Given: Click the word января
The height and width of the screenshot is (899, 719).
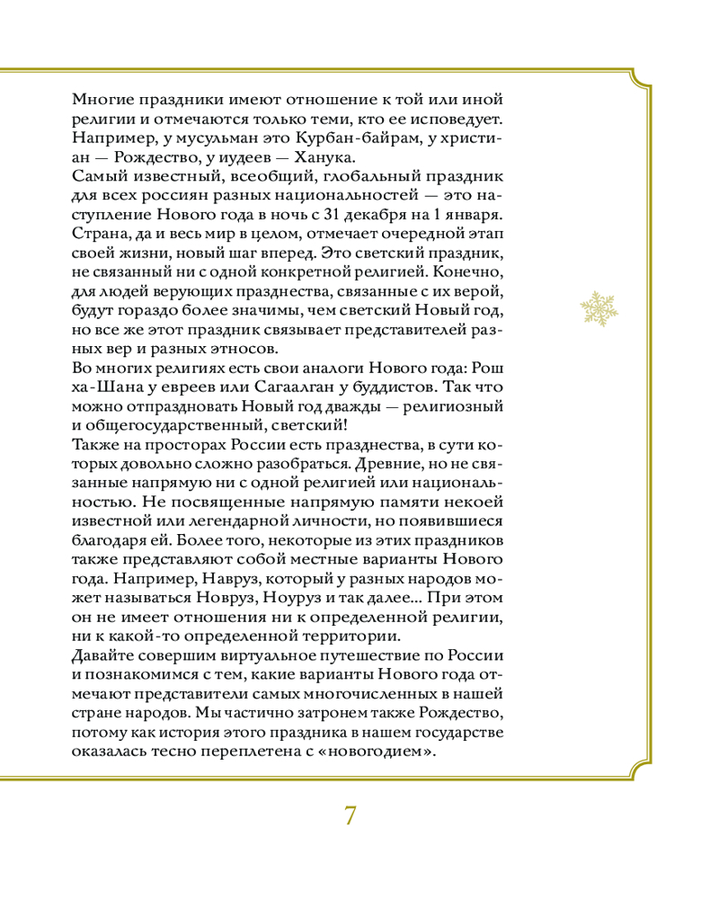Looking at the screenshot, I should tap(465, 217).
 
